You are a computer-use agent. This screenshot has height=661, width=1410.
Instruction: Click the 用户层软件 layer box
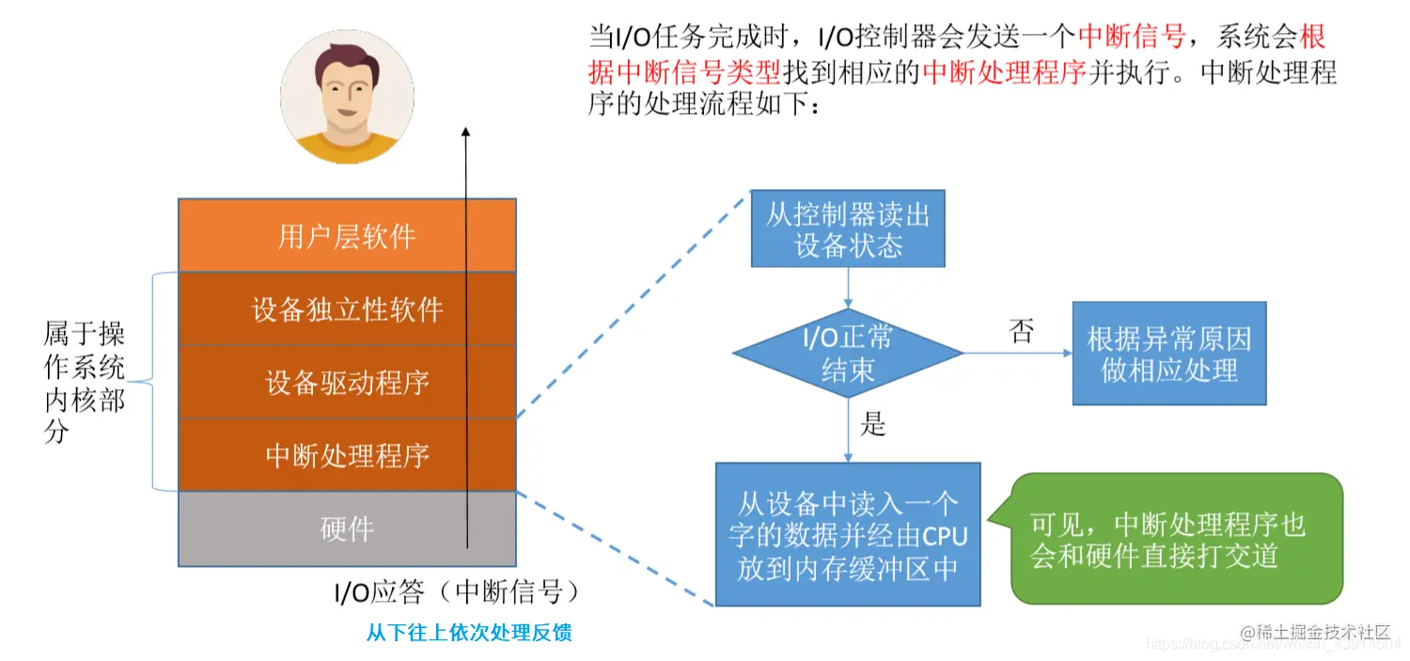[347, 235]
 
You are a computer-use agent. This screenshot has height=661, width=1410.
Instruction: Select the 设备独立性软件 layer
[347, 308]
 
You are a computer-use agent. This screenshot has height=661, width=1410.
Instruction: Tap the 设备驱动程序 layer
[347, 382]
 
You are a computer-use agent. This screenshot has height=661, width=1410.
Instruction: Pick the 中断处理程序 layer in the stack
[347, 455]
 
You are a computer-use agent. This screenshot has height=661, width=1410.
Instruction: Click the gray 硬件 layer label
[347, 529]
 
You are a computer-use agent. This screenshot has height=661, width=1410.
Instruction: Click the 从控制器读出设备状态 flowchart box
[847, 229]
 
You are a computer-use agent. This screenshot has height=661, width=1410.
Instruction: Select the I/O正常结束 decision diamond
[848, 354]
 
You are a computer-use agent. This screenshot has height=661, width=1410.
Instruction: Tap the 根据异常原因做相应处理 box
[1169, 354]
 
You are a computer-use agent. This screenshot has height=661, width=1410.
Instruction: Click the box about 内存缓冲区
[847, 534]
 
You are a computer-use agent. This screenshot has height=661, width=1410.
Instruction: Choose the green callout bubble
[1175, 538]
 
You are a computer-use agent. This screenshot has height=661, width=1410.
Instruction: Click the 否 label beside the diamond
[1021, 331]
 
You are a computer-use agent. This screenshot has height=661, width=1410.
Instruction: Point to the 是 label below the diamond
[873, 425]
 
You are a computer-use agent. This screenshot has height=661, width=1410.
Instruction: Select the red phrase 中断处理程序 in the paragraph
[1005, 72]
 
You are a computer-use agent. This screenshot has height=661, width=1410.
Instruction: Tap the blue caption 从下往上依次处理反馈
[469, 633]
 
